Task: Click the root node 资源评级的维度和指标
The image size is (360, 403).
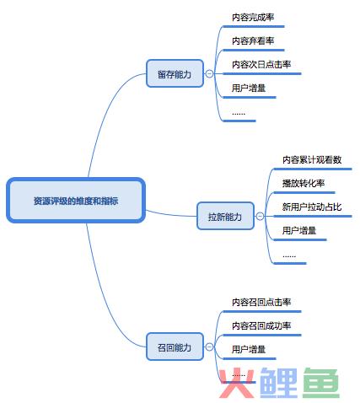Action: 76,201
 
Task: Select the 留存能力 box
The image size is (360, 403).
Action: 175,73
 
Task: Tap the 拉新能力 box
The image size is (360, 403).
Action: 225,216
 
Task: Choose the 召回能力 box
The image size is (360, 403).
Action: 175,347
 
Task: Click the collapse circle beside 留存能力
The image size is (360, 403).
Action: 209,73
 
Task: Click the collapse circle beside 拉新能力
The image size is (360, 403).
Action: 260,216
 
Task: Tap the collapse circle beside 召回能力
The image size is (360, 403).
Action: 209,347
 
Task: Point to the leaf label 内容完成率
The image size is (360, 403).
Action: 253,18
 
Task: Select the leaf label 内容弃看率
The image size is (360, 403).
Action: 253,41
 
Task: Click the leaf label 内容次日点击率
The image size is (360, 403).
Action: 261,65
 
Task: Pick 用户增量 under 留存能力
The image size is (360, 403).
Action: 249,89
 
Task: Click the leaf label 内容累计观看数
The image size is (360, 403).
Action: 312,159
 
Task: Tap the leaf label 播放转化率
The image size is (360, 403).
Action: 304,183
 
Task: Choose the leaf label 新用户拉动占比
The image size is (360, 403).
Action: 312,207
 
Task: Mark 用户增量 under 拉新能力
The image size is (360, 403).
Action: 299,231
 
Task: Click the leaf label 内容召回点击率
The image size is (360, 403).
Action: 261,302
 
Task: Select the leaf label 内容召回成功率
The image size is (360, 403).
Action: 261,325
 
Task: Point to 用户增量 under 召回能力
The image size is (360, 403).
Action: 249,349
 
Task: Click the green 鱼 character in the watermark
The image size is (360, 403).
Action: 321,383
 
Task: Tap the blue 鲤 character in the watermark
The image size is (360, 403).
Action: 278,383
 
